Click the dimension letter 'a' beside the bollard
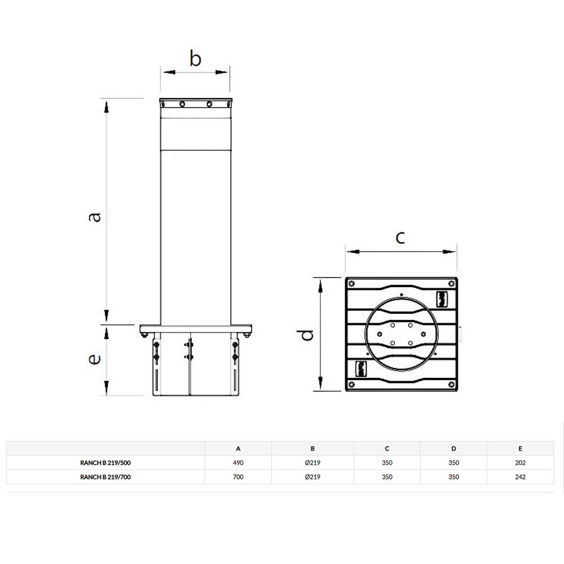click(x=96, y=216)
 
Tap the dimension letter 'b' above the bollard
click(x=195, y=58)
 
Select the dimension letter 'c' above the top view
click(x=400, y=237)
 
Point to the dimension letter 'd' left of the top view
click(x=307, y=334)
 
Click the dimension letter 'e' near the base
click(x=96, y=358)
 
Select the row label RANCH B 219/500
click(x=109, y=462)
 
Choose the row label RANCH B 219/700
click(x=109, y=477)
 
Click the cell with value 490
click(x=238, y=462)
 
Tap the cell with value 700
click(x=238, y=477)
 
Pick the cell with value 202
click(x=520, y=462)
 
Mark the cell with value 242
click(x=520, y=477)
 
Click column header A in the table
click(x=238, y=449)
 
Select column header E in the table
click(x=520, y=449)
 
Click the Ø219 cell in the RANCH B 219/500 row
click(x=312, y=462)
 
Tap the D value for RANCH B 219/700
click(x=454, y=477)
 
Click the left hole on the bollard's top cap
click(x=182, y=104)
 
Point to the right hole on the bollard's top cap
click(x=209, y=104)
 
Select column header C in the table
click(x=387, y=449)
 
